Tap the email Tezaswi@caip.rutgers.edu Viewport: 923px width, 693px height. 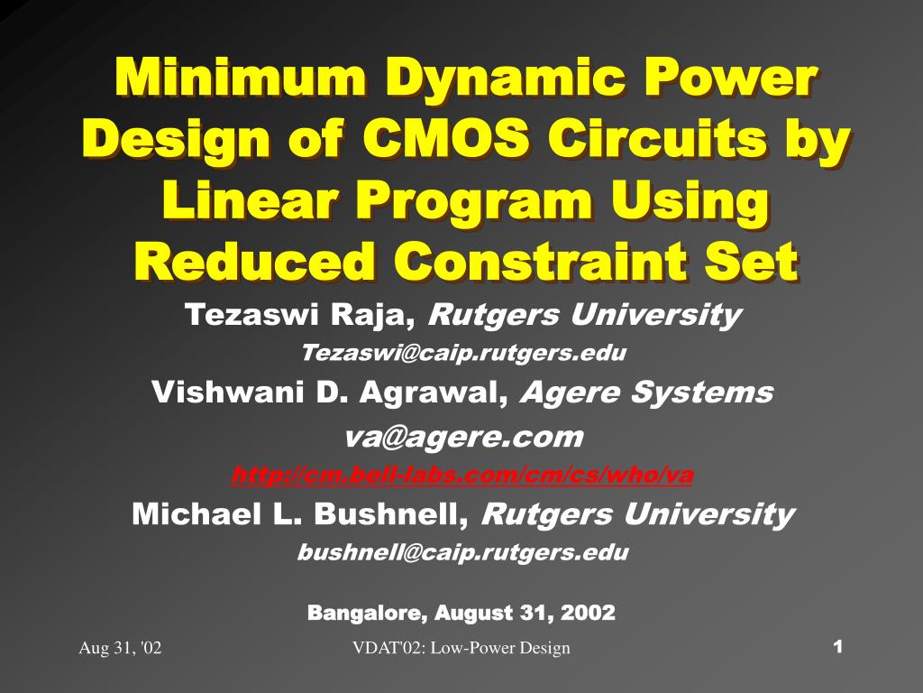coord(462,353)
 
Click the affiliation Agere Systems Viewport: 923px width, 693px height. coord(647,393)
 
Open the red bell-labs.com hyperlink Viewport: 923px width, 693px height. coord(462,475)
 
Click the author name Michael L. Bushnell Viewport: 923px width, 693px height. coord(302,514)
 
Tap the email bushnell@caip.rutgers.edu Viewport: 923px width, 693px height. coord(462,552)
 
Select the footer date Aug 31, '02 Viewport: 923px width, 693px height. coord(121,648)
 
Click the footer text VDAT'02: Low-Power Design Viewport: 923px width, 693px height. coord(461,648)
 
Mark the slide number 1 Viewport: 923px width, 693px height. coord(838,646)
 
